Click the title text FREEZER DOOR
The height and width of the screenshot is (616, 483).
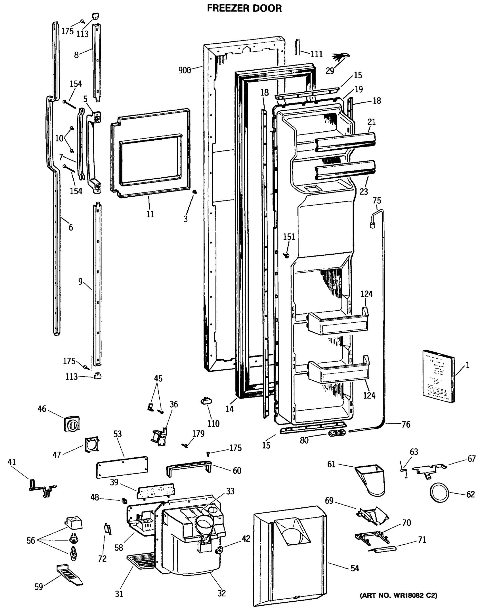(244, 8)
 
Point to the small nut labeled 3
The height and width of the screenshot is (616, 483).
(194, 192)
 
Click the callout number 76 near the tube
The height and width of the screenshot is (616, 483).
(406, 424)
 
